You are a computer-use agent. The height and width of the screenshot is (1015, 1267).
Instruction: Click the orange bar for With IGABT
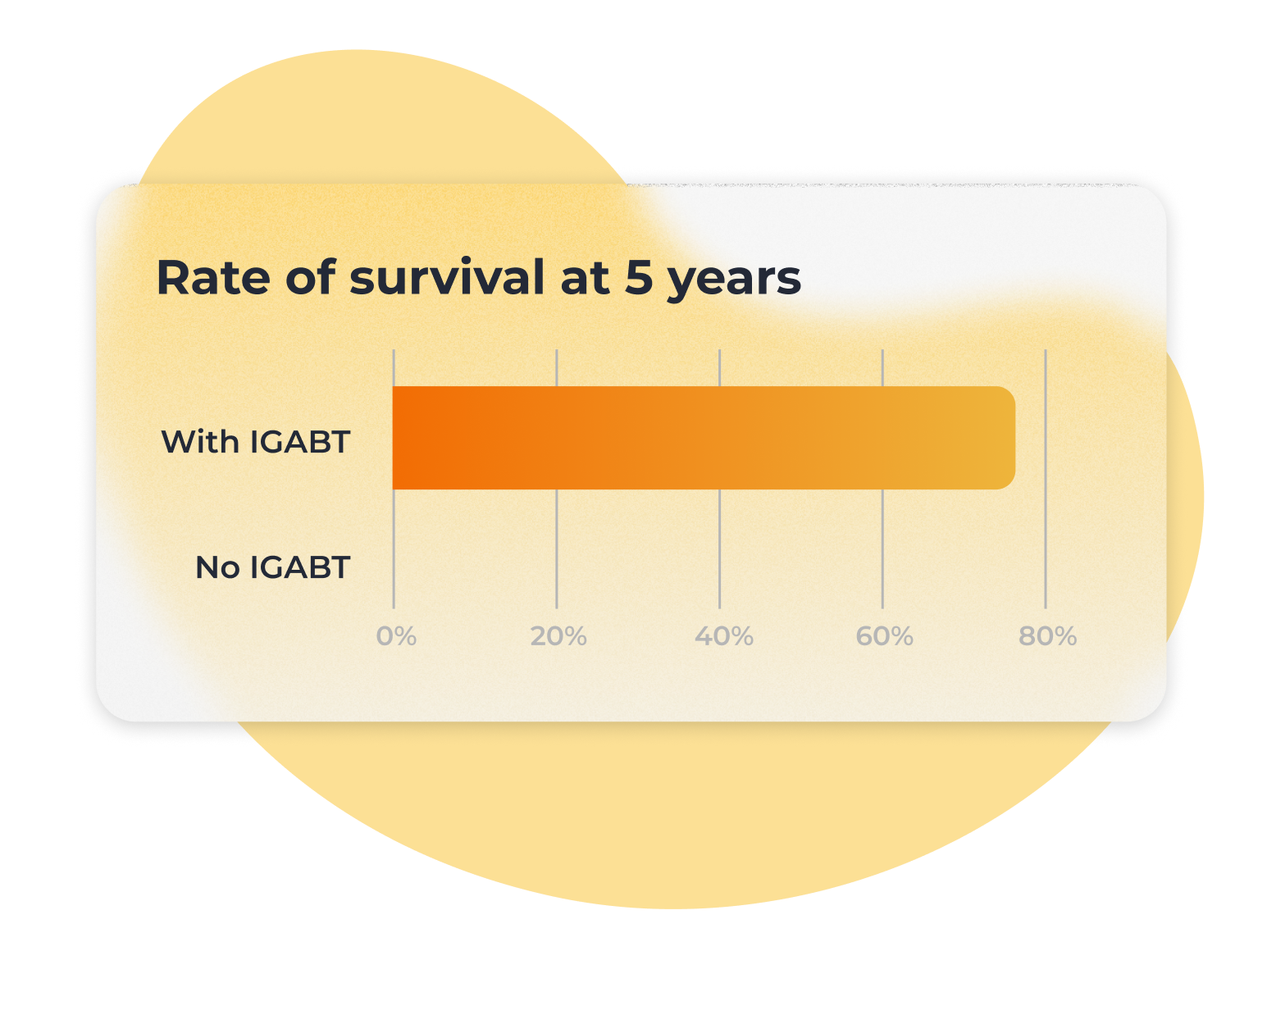click(x=704, y=438)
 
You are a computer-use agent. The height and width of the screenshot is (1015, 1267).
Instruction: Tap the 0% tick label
click(x=396, y=636)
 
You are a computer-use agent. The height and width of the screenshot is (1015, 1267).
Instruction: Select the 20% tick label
click(x=558, y=636)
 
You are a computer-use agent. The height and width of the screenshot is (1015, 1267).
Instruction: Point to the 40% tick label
click(x=723, y=636)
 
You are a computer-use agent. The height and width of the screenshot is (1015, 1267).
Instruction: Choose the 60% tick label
click(x=884, y=636)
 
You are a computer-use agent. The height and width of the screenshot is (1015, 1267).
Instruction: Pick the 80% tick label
click(x=1048, y=636)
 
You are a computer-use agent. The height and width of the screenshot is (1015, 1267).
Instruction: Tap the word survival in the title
click(x=447, y=277)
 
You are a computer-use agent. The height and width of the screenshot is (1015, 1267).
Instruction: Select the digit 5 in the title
click(x=639, y=277)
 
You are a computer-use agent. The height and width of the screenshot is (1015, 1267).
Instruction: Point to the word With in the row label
click(x=199, y=442)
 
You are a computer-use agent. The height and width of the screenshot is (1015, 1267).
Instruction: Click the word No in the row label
click(x=218, y=567)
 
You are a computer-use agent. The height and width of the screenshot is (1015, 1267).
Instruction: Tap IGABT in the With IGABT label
click(x=300, y=442)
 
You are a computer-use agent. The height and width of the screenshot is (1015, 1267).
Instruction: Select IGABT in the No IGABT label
click(x=300, y=567)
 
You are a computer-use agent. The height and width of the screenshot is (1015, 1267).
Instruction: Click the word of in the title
click(x=311, y=277)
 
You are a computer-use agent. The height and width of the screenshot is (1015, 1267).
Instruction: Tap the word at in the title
click(x=585, y=279)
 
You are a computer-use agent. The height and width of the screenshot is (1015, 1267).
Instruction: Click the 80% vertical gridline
click(x=1046, y=479)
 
